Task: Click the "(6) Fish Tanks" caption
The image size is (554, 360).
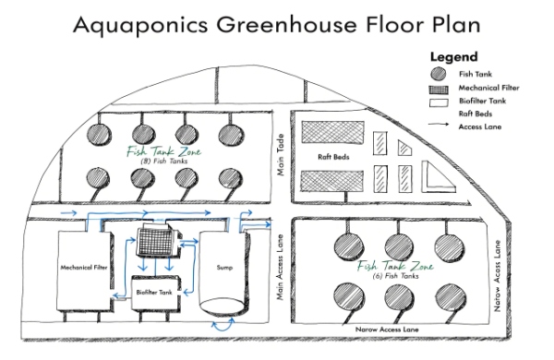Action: click(x=387, y=275)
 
